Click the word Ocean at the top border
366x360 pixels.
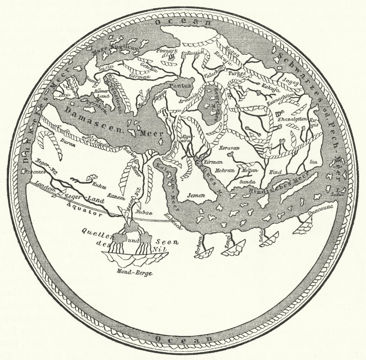(x=182, y=22)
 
